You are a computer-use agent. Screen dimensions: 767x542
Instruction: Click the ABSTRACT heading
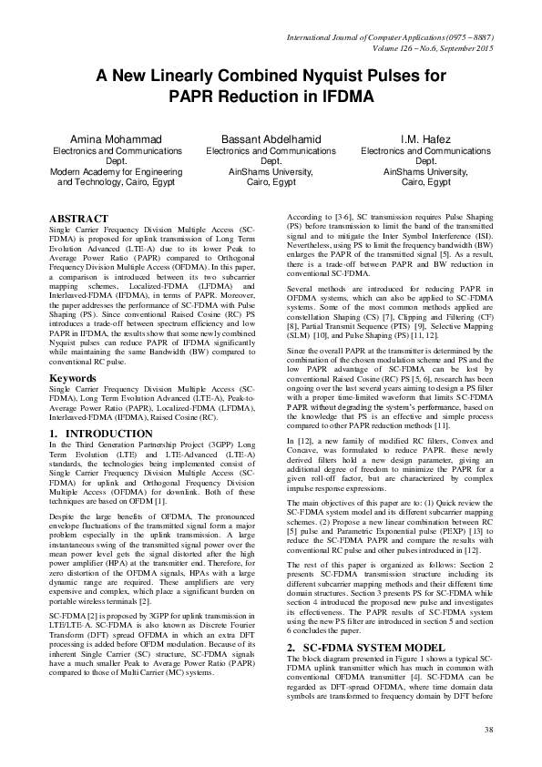(x=79, y=220)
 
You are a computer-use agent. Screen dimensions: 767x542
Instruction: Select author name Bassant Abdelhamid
(x=271, y=139)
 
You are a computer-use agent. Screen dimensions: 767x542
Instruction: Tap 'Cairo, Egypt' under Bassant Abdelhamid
(x=271, y=182)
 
